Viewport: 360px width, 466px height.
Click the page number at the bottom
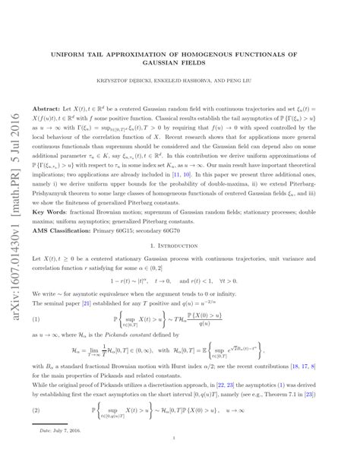(180, 458)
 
